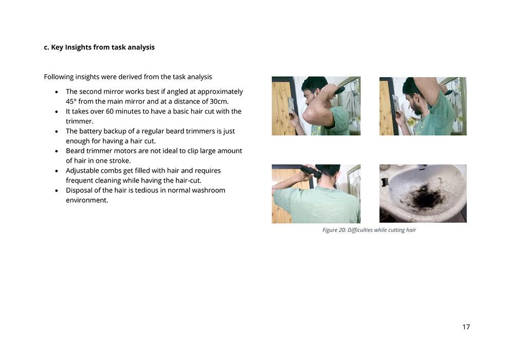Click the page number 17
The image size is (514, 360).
[x=466, y=327]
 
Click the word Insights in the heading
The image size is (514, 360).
[x=78, y=47]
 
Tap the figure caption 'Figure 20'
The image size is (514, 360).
[x=334, y=230]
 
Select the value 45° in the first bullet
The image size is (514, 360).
[x=71, y=101]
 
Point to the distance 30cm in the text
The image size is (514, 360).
[x=219, y=101]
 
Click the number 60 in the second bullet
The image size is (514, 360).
[x=109, y=111]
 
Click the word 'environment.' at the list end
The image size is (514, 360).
[x=87, y=201]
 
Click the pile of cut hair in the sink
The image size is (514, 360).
[x=425, y=197]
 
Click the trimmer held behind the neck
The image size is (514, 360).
[x=310, y=171]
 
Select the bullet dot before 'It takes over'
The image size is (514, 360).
[x=57, y=112]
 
